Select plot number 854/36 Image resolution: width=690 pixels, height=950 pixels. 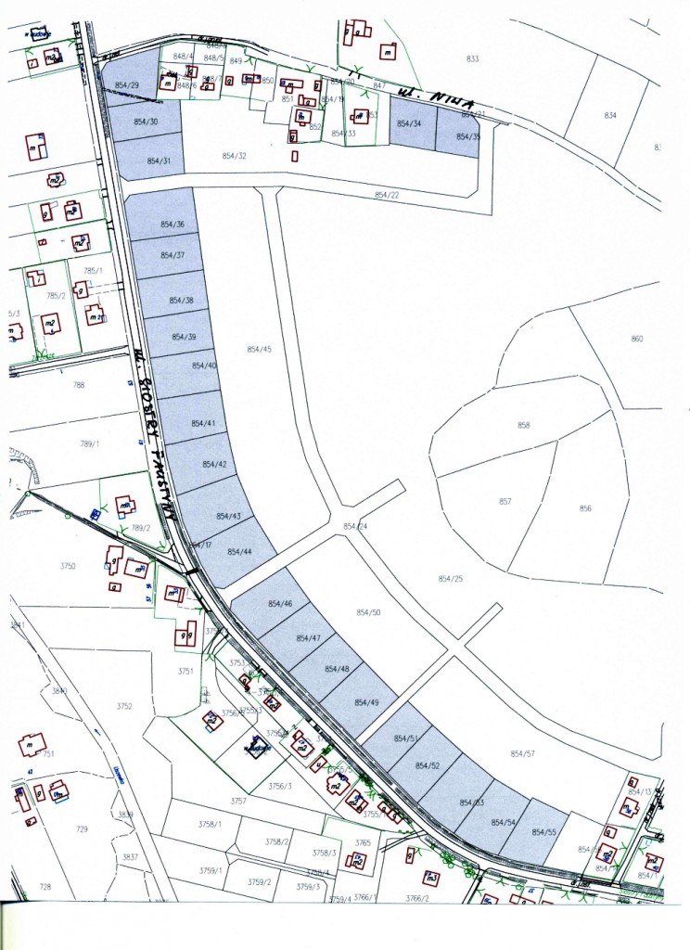point(172,225)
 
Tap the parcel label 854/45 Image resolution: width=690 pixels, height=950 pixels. point(260,349)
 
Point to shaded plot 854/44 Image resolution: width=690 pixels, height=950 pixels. point(239,552)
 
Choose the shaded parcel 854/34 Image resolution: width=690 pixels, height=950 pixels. point(409,123)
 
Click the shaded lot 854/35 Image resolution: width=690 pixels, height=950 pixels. point(457,136)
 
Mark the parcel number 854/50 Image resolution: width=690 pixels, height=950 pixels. point(369,612)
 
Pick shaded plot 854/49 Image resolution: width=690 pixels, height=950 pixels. point(367,702)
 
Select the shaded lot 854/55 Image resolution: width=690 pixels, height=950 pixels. point(544,832)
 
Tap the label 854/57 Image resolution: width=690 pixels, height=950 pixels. point(523,753)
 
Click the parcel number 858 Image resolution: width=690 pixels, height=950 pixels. point(524,425)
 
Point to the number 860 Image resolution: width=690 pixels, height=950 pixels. point(636,339)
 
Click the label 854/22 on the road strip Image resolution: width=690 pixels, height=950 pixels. point(387,195)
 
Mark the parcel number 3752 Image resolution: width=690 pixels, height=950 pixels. point(124,706)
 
